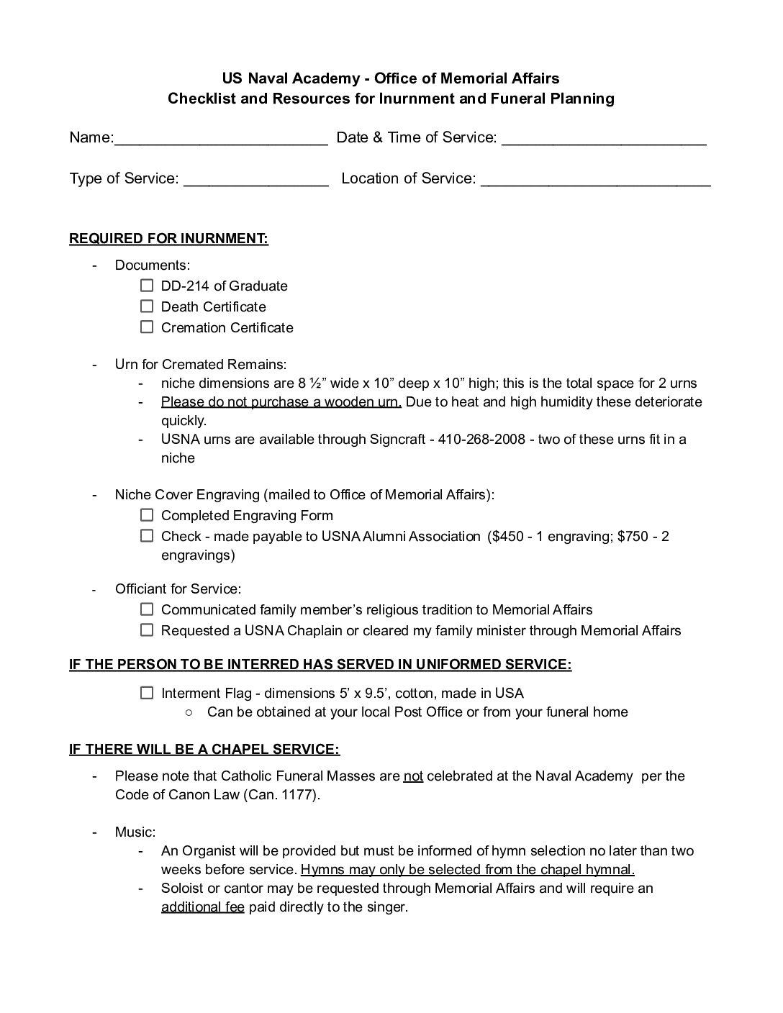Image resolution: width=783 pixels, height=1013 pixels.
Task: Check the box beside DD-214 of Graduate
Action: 147,286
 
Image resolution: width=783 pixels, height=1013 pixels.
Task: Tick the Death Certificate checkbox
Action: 147,306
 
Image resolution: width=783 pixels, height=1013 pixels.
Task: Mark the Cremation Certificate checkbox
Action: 147,327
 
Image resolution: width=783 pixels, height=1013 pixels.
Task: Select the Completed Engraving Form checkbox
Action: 147,515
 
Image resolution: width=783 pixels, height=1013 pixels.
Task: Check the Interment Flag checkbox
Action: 147,693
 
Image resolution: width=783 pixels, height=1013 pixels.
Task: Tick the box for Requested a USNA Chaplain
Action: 147,630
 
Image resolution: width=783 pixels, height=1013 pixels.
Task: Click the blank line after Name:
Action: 221,140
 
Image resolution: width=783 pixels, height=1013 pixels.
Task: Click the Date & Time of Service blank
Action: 603,140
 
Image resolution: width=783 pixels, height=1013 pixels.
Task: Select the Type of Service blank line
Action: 255,181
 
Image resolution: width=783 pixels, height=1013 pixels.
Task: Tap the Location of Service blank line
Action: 595,181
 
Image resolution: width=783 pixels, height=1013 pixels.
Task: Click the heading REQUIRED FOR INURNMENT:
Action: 168,239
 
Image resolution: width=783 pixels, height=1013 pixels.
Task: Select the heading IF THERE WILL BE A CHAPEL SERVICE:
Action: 204,750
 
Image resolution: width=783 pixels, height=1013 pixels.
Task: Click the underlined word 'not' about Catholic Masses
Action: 413,776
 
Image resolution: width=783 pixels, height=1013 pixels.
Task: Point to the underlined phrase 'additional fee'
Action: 203,907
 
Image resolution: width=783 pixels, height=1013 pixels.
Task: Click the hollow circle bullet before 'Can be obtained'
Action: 189,712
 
